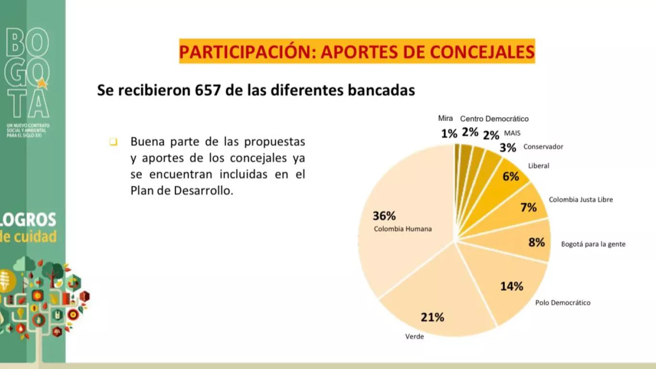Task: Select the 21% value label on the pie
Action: coord(432,317)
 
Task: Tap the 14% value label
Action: coord(511,286)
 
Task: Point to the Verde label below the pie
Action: coord(414,336)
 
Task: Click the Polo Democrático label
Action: coord(563,303)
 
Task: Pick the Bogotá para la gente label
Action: coord(593,244)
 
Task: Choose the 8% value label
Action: coord(536,243)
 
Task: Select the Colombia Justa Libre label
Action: coord(581,199)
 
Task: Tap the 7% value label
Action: coord(528,207)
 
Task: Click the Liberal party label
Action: coord(538,166)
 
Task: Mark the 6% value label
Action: coord(510,177)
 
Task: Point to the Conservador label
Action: coord(543,147)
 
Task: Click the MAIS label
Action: coord(512,133)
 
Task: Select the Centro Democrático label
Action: coord(494,119)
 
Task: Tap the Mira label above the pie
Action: coord(445,118)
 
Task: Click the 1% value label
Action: coord(449,134)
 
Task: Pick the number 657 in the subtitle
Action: coord(209,90)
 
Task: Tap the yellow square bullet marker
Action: coord(113,142)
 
